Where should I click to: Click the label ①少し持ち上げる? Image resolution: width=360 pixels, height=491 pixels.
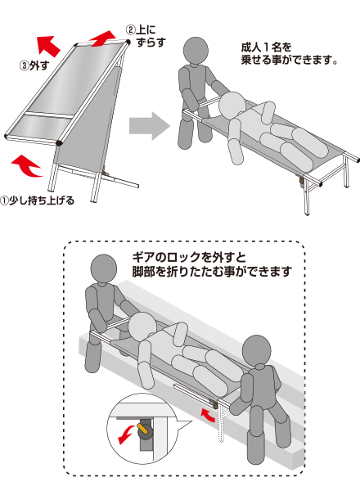coord(38,200)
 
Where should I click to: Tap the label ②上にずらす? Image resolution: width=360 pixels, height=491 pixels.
coord(146,36)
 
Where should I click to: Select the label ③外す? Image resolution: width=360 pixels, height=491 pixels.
coord(34,65)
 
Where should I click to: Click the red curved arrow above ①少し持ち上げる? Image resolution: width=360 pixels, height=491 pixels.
coord(26,166)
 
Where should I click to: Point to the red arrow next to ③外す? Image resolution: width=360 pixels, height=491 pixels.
coord(48,46)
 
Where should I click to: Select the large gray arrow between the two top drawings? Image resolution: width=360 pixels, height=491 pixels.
coord(150,126)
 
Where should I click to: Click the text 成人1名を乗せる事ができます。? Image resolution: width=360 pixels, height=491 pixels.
coord(289,53)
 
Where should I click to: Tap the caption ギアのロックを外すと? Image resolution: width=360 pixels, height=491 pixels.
coord(189,258)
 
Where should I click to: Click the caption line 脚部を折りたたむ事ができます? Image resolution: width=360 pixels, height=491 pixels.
coord(212,272)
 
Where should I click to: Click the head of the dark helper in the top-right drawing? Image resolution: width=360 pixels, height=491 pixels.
coord(196,50)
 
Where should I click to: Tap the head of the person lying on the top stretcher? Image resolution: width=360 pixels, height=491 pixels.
coord(232,106)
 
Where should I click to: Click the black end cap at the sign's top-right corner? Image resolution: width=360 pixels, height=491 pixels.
coord(128,42)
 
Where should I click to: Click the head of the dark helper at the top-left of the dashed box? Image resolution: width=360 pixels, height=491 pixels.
coord(104,269)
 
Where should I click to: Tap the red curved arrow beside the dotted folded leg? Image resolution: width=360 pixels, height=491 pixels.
coord(208,414)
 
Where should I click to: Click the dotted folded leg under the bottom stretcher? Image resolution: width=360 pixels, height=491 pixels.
coord(222,423)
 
